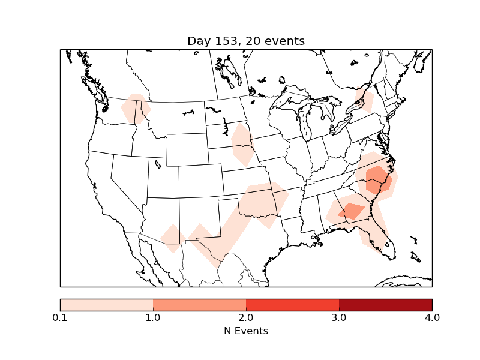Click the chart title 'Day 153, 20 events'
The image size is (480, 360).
[x=246, y=41]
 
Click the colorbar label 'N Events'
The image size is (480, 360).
[x=246, y=331]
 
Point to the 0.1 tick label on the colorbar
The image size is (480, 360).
[x=60, y=317]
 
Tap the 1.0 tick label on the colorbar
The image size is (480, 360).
[x=153, y=317]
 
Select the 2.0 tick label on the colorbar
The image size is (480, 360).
[x=246, y=317]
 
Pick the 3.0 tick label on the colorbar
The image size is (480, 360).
[x=339, y=317]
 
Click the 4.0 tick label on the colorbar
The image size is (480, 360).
[x=432, y=317]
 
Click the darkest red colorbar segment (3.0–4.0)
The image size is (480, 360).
[x=385, y=304]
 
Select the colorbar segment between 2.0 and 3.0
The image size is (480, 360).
[x=292, y=304]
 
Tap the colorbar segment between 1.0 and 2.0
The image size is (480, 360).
[x=199, y=304]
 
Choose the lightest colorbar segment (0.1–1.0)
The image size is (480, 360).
[x=106, y=304]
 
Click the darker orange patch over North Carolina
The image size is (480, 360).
[x=377, y=179]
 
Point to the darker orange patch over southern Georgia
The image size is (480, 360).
[x=352, y=211]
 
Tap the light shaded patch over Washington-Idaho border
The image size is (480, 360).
[x=135, y=109]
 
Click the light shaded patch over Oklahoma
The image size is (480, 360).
[x=261, y=201]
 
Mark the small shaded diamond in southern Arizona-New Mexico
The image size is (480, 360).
[x=173, y=238]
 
